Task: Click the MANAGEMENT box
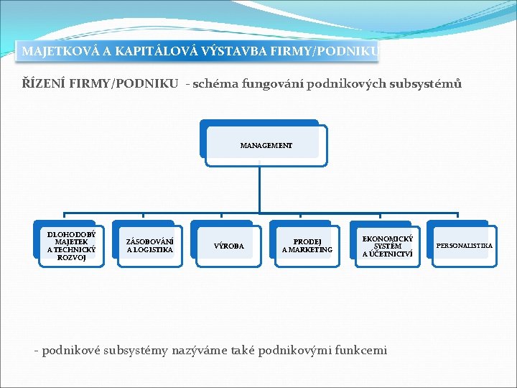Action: (266, 145)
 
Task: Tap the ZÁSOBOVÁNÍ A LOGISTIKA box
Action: (149, 246)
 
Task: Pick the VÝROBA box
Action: (229, 246)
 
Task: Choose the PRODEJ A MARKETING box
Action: (307, 246)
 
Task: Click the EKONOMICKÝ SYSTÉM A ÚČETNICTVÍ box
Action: (387, 246)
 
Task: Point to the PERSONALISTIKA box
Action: (465, 246)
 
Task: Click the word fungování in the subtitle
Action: (276, 85)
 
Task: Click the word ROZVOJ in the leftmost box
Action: (71, 258)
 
